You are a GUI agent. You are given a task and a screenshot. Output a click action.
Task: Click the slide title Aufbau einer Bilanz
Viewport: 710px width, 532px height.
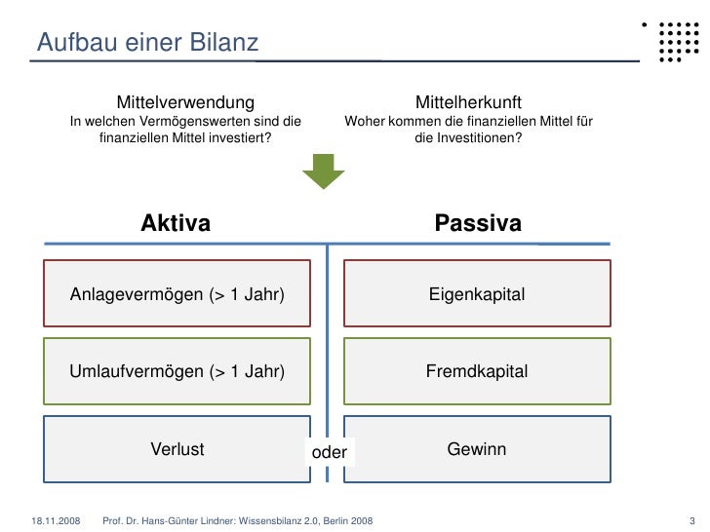pyautogui.click(x=147, y=43)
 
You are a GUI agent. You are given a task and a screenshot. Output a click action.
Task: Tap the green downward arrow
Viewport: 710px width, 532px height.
pyautogui.click(x=323, y=172)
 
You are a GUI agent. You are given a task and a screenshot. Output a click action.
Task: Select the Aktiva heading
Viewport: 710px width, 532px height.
pyautogui.click(x=176, y=224)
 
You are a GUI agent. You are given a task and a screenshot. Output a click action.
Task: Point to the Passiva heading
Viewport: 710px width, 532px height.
pyautogui.click(x=478, y=224)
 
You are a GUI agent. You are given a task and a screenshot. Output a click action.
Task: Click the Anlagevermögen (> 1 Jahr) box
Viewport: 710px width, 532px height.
pyautogui.click(x=177, y=293)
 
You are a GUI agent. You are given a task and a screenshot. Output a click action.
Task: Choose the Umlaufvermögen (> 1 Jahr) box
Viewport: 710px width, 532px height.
pyautogui.click(x=177, y=371)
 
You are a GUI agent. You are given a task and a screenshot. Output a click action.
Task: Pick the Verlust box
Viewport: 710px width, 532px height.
pyautogui.click(x=177, y=449)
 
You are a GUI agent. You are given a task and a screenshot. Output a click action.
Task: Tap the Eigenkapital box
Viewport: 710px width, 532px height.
pyautogui.click(x=477, y=293)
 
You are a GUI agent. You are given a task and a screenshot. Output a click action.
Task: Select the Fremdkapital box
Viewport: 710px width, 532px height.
pyautogui.click(x=477, y=371)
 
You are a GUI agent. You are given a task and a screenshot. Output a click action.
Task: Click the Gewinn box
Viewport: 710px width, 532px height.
pyautogui.click(x=477, y=449)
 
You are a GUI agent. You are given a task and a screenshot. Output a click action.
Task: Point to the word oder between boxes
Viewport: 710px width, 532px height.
pyautogui.click(x=329, y=451)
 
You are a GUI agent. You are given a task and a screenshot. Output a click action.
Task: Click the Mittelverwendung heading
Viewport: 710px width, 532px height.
pyautogui.click(x=185, y=102)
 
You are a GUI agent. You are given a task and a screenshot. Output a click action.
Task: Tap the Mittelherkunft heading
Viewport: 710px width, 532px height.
pyautogui.click(x=468, y=102)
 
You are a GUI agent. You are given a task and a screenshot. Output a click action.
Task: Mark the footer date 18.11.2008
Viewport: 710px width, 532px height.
pyautogui.click(x=55, y=517)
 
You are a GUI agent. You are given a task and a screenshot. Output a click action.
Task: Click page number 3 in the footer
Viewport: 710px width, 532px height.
pyautogui.click(x=690, y=517)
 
